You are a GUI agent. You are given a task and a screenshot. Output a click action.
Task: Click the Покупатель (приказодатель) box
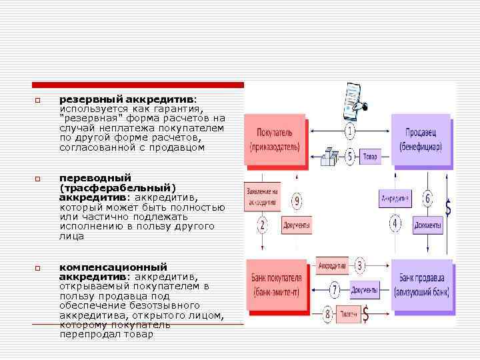[x=275, y=139]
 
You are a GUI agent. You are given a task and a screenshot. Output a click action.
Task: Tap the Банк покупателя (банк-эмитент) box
[x=276, y=285]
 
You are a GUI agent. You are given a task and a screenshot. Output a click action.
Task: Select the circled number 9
[x=297, y=201]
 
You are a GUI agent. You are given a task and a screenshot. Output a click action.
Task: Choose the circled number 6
[x=427, y=199]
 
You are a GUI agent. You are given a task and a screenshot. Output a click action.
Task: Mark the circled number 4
[x=395, y=224]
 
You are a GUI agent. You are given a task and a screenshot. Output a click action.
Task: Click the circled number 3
[x=360, y=266]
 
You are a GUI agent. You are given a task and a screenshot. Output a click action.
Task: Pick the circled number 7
[x=335, y=290]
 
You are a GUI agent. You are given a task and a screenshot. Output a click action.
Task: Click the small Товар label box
[x=369, y=157]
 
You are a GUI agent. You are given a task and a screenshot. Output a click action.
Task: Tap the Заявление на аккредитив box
[x=262, y=194]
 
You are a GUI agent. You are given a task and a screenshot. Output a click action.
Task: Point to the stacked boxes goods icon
[x=329, y=157]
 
